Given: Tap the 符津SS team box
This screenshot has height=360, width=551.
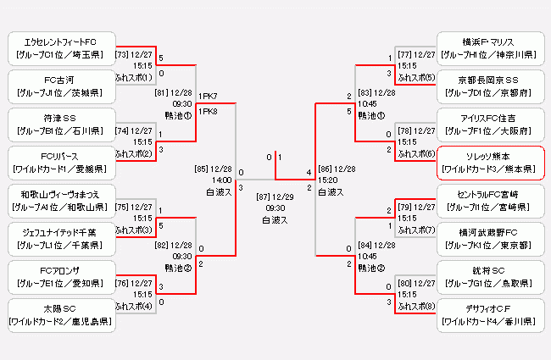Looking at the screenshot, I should pos(59,124).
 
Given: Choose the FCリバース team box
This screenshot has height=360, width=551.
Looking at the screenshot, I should pos(59,162).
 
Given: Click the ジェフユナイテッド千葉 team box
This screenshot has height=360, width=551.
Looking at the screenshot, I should pos(59,237).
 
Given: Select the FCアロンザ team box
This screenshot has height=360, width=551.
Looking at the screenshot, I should pos(59,275).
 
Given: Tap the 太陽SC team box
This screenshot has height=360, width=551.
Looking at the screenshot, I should pos(59,313).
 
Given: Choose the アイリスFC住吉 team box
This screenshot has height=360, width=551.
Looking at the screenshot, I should pos(491,124).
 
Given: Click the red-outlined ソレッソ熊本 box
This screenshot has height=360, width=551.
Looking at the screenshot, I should pos(491,162).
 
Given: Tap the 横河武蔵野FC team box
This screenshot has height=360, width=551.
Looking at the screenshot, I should pos(491,237).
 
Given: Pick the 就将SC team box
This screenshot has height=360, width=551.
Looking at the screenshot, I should pos(491,275).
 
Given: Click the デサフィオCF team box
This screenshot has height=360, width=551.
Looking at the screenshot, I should pos(491,313).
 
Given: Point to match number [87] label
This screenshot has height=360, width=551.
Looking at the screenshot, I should pos(264,196).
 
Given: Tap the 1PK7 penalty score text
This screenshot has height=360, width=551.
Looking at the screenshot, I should pos(208,97).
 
